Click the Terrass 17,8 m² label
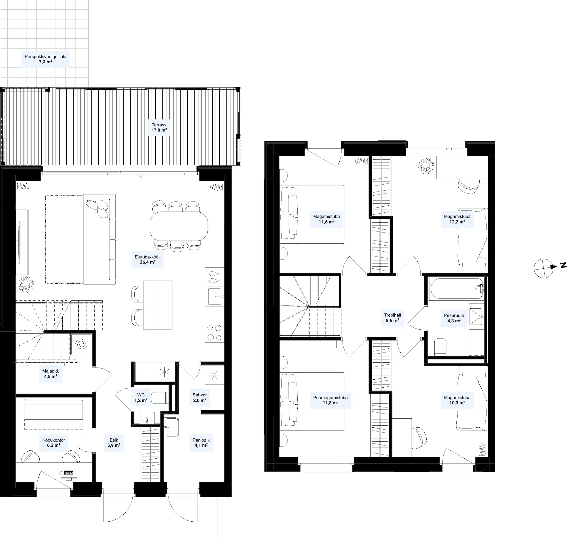[159, 128]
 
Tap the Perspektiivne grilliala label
[45, 59]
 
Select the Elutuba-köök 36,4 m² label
[147, 259]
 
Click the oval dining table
[179, 226]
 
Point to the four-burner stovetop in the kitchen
[214, 332]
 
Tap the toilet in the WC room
[159, 398]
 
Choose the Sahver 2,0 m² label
[200, 398]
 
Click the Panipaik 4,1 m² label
[201, 442]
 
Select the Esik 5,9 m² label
[114, 442]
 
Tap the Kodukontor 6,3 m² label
[54, 442]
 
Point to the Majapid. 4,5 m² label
[50, 373]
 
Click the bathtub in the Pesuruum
[456, 289]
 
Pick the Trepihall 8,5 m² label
[392, 318]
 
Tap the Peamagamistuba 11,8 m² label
[330, 400]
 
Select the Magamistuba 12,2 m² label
[457, 219]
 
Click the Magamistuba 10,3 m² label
[457, 400]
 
